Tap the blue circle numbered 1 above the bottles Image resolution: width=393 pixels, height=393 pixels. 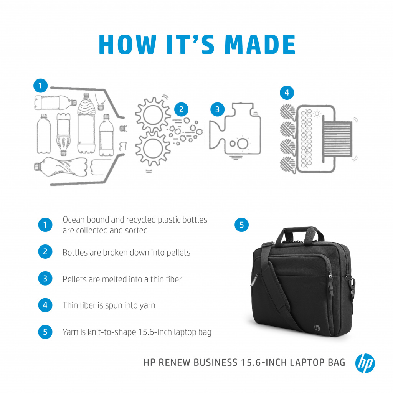[x=40, y=86]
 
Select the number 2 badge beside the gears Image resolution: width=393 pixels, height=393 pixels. [x=181, y=109]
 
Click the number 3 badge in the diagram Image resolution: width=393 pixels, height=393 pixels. [x=217, y=109]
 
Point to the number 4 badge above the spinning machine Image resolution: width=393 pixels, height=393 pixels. [x=287, y=93]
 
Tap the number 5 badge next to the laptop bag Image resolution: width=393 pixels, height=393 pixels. [x=242, y=225]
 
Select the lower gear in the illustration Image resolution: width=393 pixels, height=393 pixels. [x=153, y=148]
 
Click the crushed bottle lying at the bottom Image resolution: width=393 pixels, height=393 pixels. [x=61, y=167]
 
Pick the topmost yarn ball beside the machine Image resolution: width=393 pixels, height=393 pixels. [x=288, y=112]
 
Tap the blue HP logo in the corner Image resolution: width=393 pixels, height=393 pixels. [x=365, y=363]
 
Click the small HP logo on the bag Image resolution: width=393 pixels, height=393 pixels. [x=317, y=328]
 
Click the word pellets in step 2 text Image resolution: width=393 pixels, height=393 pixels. [x=178, y=253]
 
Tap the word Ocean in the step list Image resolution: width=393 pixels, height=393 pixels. [x=73, y=220]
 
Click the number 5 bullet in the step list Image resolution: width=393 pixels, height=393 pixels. [x=45, y=332]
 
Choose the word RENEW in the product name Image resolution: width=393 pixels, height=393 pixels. [x=175, y=363]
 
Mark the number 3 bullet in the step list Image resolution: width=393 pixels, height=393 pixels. [x=45, y=279]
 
